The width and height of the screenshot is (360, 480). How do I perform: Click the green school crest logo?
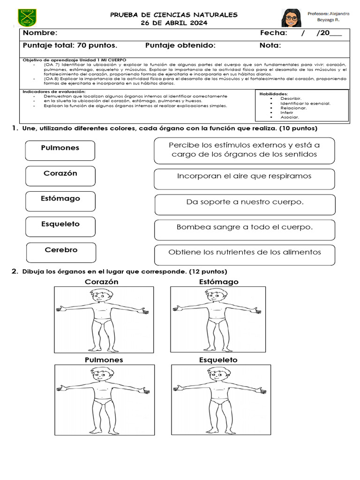click(28, 18)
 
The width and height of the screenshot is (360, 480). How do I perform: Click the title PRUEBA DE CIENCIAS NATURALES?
click(174, 15)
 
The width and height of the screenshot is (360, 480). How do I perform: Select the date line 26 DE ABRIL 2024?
click(174, 23)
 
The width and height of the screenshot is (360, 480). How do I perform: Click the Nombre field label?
click(40, 33)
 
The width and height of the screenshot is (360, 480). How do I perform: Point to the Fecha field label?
click(273, 33)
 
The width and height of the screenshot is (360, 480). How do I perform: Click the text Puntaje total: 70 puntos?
click(70, 45)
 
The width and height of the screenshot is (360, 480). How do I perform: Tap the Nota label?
click(270, 45)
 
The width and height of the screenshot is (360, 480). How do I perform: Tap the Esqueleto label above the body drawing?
click(218, 360)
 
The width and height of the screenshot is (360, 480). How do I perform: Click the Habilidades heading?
click(273, 94)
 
